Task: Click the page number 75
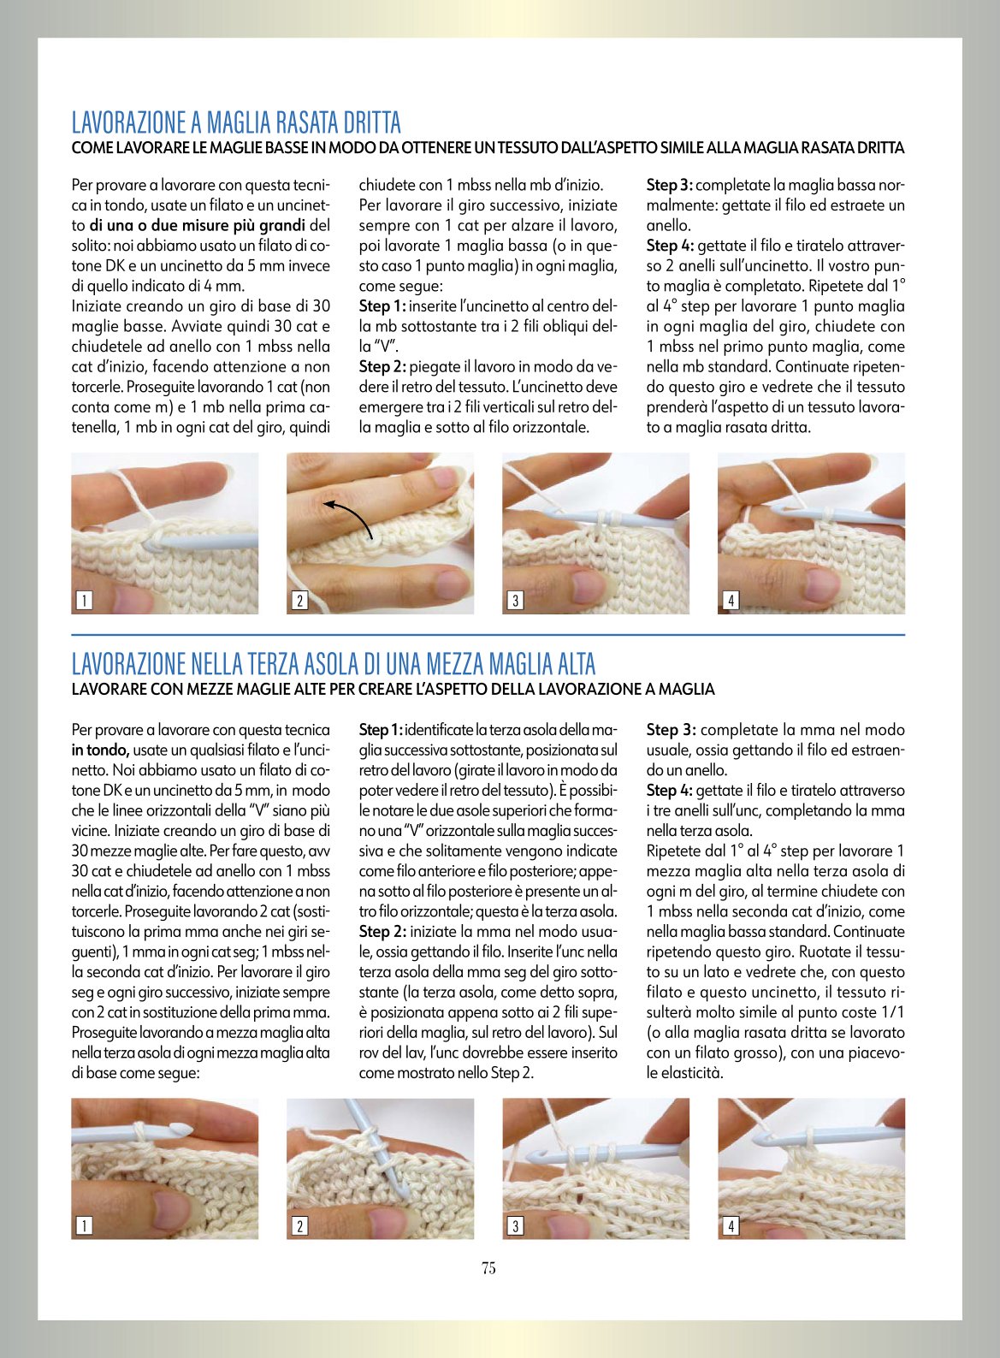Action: click(x=488, y=1267)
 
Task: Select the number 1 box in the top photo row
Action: click(x=84, y=600)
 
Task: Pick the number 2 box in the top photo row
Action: click(x=299, y=600)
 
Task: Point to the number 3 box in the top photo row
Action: click(x=515, y=600)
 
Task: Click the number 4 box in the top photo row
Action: click(x=731, y=600)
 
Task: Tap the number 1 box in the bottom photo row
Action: click(x=84, y=1226)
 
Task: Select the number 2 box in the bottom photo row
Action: click(x=299, y=1226)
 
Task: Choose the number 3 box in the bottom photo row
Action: click(x=515, y=1226)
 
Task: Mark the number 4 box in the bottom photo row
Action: click(x=731, y=1226)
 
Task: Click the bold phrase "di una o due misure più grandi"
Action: click(x=197, y=226)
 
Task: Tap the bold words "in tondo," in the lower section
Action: click(x=100, y=750)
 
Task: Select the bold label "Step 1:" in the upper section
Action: click(x=382, y=306)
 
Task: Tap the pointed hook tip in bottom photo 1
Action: click(x=181, y=1128)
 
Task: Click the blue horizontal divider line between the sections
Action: click(x=488, y=635)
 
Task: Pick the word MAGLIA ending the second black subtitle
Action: click(x=687, y=690)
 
